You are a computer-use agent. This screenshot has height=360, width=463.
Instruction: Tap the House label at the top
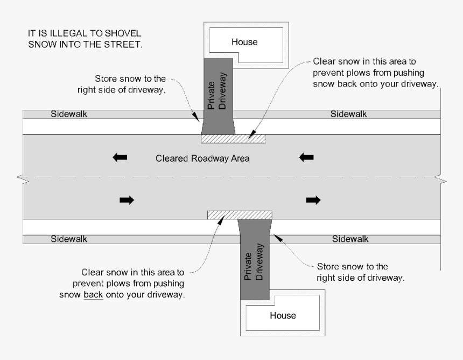(x=244, y=41)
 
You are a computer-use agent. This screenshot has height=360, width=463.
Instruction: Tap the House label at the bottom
(x=283, y=315)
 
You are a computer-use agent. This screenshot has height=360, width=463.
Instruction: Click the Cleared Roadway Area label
(x=202, y=158)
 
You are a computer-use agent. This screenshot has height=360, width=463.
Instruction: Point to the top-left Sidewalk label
(x=69, y=114)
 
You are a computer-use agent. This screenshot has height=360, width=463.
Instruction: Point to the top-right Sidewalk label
(x=348, y=114)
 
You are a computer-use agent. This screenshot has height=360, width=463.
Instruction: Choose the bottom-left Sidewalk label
(x=69, y=239)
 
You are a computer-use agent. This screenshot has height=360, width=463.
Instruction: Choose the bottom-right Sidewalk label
(x=350, y=239)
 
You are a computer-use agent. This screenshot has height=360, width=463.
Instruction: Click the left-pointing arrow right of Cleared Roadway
(x=306, y=157)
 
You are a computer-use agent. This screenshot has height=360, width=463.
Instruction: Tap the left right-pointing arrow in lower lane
(x=127, y=200)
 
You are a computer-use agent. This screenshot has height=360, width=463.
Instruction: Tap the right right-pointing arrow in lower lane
(x=313, y=200)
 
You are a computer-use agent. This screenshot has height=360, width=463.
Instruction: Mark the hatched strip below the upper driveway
(x=233, y=139)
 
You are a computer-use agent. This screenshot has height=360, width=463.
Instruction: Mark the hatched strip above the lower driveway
(x=240, y=215)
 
